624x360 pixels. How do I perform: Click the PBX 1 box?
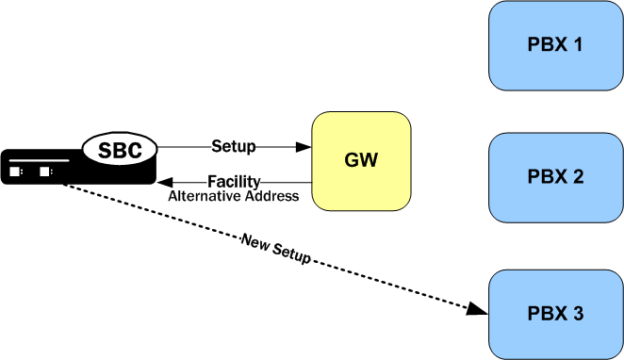point(556,45)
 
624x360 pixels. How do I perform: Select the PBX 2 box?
point(556,177)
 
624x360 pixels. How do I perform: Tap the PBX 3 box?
point(556,313)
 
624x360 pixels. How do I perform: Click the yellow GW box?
point(362,160)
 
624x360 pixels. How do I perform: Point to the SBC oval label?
point(120,149)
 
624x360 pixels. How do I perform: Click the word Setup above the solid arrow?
point(234,146)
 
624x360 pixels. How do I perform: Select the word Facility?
point(234,181)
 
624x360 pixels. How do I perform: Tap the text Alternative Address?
point(233,196)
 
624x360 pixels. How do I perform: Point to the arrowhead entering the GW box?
point(304,147)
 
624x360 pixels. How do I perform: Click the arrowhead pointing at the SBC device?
point(164,182)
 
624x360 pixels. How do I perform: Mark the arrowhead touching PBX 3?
point(480,309)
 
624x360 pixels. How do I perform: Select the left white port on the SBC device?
point(16,172)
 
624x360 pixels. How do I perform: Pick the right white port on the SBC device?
point(44,172)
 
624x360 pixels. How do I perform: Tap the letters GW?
point(362,160)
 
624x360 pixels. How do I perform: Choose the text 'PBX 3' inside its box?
point(556,313)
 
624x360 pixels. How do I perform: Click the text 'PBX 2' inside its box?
point(556,177)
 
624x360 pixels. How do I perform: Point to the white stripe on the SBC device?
point(38,161)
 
